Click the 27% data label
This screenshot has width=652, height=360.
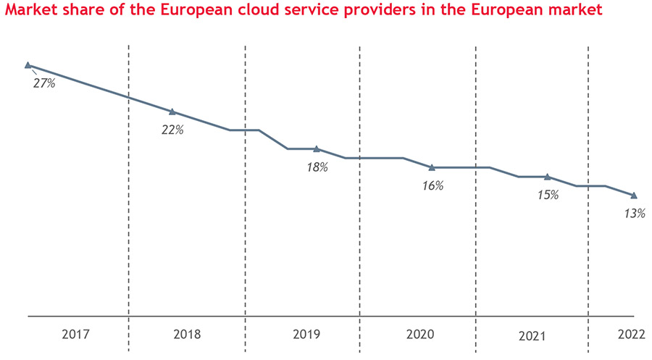coord(43,83)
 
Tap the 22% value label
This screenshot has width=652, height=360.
coord(173,130)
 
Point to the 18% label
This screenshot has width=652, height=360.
coord(317,167)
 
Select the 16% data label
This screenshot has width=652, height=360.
coord(432,186)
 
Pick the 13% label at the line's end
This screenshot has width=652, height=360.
coord(634,214)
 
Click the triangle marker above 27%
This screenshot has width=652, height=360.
coord(28,65)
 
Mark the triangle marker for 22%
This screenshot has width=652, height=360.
coord(172,112)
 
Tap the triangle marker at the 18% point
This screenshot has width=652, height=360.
coord(317,148)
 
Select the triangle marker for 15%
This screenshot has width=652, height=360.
coord(548,177)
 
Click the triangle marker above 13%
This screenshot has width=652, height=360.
coord(635,196)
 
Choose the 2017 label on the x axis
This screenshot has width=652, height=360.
coord(75,335)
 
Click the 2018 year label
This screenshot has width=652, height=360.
coord(188,335)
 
